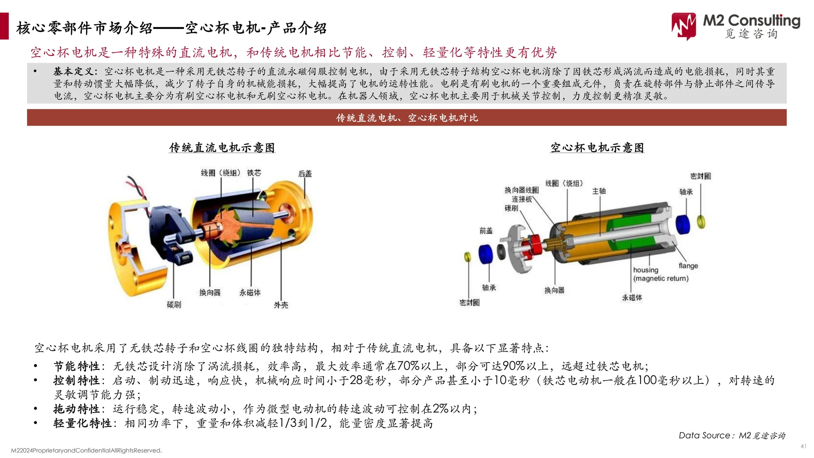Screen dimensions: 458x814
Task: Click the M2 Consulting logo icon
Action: click(683, 26)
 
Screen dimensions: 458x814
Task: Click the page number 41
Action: click(803, 446)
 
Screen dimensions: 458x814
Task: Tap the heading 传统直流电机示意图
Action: click(222, 148)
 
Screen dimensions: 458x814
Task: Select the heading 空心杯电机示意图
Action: click(597, 148)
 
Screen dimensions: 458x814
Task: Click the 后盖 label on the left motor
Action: click(305, 174)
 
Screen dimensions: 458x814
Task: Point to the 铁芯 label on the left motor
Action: click(254, 173)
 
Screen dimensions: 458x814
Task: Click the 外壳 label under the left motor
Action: click(281, 305)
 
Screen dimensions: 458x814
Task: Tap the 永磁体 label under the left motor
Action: click(250, 293)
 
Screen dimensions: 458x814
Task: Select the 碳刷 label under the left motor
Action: click(174, 304)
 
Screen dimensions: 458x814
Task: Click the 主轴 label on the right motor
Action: click(599, 191)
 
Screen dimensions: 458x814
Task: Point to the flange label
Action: click(688, 266)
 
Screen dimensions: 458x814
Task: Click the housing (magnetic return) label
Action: click(660, 274)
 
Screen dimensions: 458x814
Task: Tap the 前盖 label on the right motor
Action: click(486, 231)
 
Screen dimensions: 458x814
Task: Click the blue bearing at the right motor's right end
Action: click(683, 224)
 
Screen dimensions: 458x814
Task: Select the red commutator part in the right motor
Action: click(535, 246)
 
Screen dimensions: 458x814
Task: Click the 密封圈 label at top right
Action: click(700, 176)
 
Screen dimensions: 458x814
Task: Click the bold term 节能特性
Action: click(77, 366)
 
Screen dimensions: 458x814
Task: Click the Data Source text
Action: click(731, 436)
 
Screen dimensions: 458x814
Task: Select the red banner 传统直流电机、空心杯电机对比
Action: click(407, 118)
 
